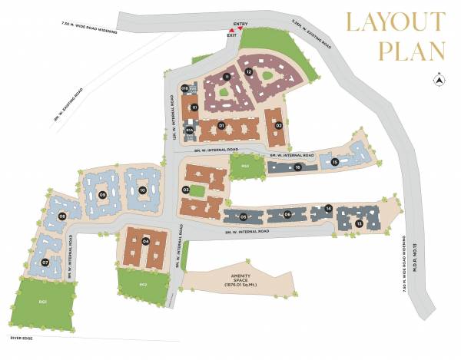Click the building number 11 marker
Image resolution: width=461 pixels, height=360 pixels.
227,77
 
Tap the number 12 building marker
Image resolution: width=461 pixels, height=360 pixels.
249,71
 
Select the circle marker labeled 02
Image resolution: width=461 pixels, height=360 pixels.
279,125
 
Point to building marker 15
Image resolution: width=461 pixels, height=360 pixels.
335,161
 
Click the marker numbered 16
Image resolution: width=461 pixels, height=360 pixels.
297,167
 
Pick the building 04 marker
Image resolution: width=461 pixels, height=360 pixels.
145,242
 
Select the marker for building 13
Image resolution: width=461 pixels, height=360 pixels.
359,223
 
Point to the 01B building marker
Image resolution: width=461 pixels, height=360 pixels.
185,88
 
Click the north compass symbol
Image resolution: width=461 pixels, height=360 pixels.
438,78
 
